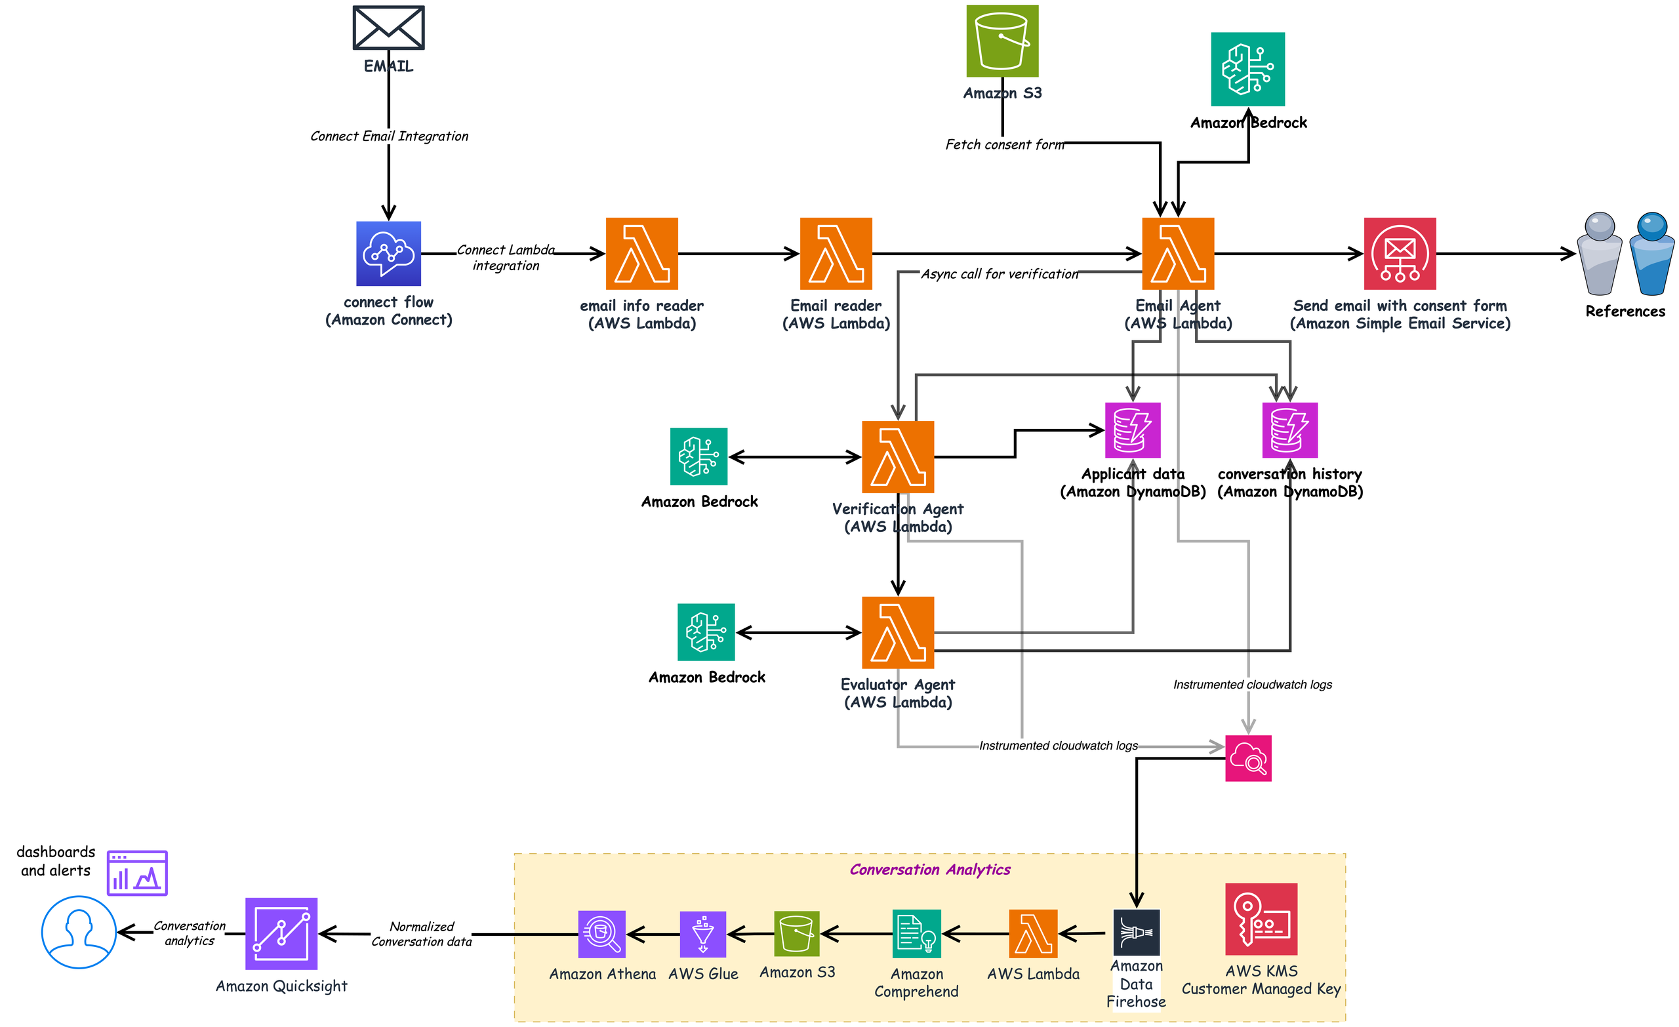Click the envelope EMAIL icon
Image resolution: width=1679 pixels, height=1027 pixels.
(388, 28)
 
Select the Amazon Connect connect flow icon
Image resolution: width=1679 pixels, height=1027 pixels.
(388, 254)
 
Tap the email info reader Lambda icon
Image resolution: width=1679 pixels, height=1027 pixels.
(642, 254)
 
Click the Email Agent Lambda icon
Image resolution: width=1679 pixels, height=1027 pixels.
(1178, 254)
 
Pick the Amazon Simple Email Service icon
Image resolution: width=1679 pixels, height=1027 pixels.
(1400, 254)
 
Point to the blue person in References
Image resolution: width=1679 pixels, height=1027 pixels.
(1651, 254)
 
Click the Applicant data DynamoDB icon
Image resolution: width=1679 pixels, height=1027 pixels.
(1133, 430)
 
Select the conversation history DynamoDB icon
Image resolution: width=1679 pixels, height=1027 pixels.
(1290, 430)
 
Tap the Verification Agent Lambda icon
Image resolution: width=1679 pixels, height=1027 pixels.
(898, 456)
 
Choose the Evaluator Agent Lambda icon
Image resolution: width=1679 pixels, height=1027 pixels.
(898, 632)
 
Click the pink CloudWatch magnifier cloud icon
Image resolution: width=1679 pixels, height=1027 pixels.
(1248, 758)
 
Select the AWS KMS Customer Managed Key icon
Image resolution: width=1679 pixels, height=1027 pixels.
(1261, 919)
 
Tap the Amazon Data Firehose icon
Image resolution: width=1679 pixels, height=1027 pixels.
(1137, 933)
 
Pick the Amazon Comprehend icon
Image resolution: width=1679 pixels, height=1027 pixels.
(916, 934)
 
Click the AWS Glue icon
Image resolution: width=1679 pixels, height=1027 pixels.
(703, 934)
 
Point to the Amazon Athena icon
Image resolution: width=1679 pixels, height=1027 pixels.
(601, 934)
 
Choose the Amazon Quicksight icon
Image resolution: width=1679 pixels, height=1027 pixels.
(281, 934)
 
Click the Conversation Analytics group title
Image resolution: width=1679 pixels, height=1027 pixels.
(929, 870)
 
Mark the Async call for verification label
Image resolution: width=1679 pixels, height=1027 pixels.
(1000, 274)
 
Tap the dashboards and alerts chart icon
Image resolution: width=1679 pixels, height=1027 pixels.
(137, 873)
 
